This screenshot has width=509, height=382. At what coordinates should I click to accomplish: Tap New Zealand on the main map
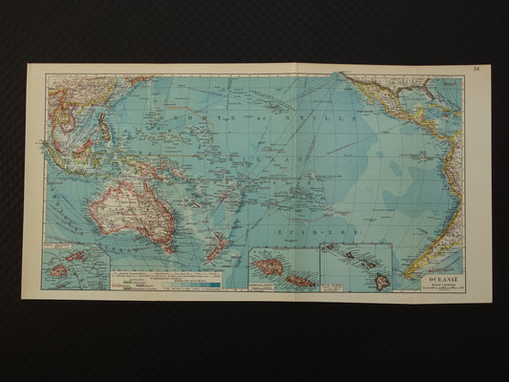[218, 247]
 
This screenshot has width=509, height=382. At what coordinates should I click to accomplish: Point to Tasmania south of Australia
[158, 251]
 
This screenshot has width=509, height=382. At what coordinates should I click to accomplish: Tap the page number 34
[476, 69]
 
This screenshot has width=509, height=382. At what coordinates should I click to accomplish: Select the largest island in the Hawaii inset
[380, 281]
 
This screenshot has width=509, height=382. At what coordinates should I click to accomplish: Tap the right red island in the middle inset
[299, 280]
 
